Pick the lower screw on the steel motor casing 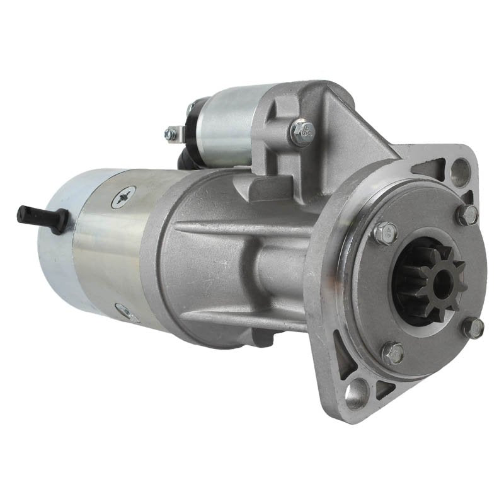[126, 310]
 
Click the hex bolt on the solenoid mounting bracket [302, 132]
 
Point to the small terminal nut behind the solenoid [171, 134]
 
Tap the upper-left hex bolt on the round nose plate [385, 232]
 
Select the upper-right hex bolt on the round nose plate [466, 215]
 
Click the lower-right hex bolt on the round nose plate [473, 328]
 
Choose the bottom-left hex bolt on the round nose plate [393, 353]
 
